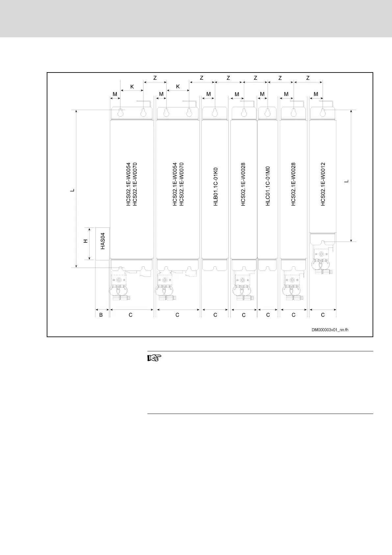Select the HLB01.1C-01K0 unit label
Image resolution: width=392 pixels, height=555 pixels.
pyautogui.click(x=216, y=187)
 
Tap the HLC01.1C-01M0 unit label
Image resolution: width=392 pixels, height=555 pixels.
pyautogui.click(x=268, y=187)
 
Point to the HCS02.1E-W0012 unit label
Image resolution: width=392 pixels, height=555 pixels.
pyautogui.click(x=323, y=184)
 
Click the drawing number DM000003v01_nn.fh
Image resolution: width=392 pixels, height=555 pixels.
pyautogui.click(x=330, y=330)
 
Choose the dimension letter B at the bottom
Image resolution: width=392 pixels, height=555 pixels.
pyautogui.click(x=101, y=315)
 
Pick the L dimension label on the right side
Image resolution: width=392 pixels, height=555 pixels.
pyautogui.click(x=346, y=181)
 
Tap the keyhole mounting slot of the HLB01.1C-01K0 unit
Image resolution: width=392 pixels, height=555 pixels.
pyautogui.click(x=215, y=113)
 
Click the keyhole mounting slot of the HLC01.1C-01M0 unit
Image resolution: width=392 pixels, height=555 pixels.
pyautogui.click(x=268, y=113)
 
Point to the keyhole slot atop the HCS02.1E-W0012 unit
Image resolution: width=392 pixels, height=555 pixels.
pyautogui.click(x=323, y=113)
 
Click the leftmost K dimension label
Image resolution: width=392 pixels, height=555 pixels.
pyautogui.click(x=132, y=87)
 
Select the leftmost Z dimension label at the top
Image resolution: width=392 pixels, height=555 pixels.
pyautogui.click(x=155, y=78)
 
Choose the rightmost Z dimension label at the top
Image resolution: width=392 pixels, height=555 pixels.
pyautogui.click(x=308, y=78)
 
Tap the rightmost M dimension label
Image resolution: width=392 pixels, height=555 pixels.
pyautogui.click(x=316, y=94)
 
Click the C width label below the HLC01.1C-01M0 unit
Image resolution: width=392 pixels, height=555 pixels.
pyautogui.click(x=268, y=315)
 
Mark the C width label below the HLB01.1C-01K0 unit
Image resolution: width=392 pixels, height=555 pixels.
pyautogui.click(x=215, y=315)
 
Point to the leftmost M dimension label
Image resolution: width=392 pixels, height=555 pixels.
pyautogui.click(x=115, y=94)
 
